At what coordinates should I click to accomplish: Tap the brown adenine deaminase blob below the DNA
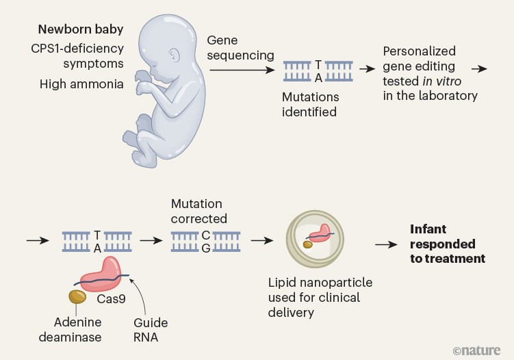76,296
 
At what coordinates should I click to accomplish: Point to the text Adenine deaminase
77,329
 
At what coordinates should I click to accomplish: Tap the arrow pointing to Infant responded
387,244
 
